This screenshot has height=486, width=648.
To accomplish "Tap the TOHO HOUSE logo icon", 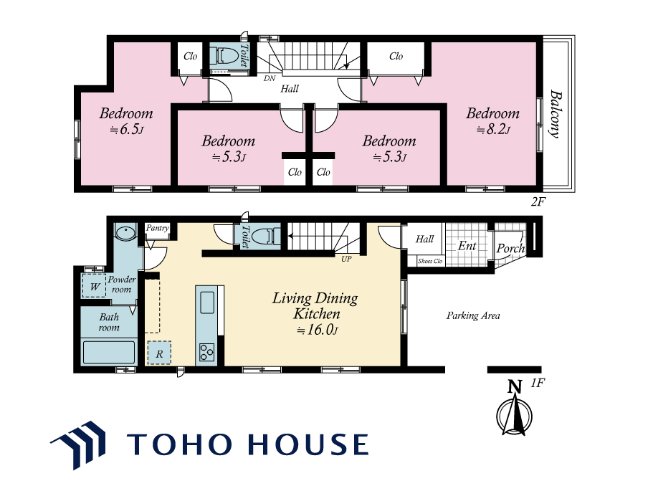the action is pos(78,444).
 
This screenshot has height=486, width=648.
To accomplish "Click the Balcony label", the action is pos(556,114).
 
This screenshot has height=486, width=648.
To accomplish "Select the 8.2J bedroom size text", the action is pos(493,130).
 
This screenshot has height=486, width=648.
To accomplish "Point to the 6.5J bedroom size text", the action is pos(126,130).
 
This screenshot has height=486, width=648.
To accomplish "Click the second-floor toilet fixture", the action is pos(223,55).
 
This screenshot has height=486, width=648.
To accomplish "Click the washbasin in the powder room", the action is pos(125,233).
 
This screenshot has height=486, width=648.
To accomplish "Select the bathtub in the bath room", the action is pos(109,352).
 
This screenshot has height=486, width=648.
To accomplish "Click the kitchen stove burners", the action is pos(206,353).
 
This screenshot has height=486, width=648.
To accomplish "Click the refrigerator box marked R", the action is pos(159,353).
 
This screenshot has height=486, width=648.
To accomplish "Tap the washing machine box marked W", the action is pos(94,285).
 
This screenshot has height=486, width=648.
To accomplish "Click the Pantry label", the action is pos(158,228).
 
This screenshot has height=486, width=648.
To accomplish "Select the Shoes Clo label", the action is pos(430,261).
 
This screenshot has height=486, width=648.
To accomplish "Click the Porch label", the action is pos(511,248).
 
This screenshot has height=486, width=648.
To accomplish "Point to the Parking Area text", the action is pos(473,315).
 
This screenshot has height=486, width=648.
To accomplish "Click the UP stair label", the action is pos(346,259).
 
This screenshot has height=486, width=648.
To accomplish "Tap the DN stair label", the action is pos(270,78).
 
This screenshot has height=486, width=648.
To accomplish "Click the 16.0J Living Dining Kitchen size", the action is pos(318,330).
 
